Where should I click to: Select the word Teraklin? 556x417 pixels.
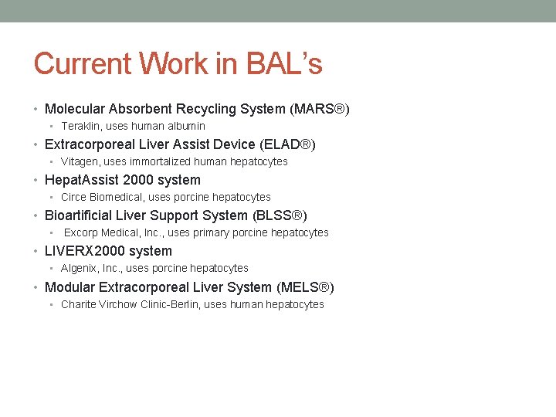click(81, 126)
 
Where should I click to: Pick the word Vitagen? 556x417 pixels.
click(80, 161)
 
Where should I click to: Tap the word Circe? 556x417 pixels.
click(74, 197)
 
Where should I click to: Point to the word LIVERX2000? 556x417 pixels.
click(81, 251)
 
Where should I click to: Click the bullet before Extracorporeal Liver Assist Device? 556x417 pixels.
click(37, 144)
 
